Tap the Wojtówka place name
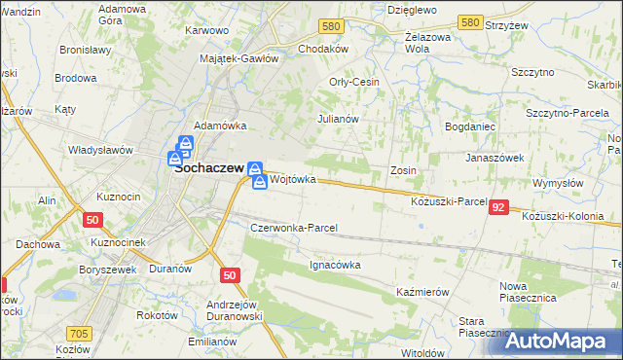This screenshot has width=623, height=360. tap(293, 180)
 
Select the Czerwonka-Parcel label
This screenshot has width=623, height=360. tap(294, 228)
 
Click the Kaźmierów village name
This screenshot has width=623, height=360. tap(422, 292)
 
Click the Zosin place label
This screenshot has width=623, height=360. tap(403, 170)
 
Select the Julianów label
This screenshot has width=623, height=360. tap(339, 119)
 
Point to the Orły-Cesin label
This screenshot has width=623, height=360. tap(354, 83)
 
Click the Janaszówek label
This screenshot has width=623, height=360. tap(495, 157)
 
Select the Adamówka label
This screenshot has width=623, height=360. tap(221, 126)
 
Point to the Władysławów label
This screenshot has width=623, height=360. tap(99, 150)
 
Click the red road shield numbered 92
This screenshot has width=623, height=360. tap(499, 207)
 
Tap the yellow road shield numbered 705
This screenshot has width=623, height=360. tap(80, 335)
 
